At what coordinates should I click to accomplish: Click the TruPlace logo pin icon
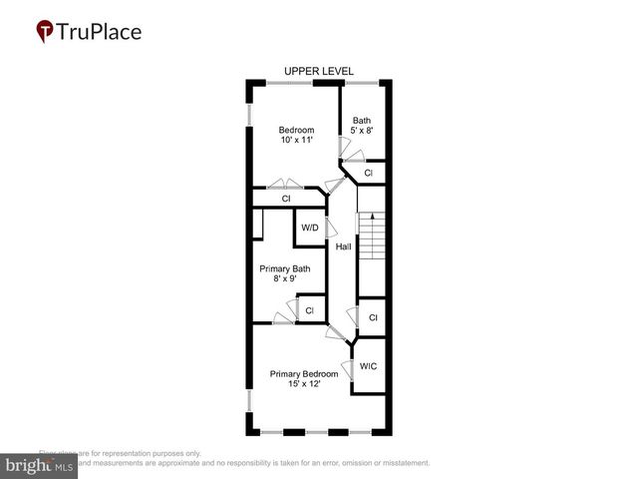[x=45, y=32]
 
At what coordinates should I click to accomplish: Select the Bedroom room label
[x=296, y=130]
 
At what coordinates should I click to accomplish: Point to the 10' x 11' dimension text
[x=296, y=141]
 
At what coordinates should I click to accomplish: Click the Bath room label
[x=361, y=120]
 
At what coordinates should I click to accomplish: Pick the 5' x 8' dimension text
[x=361, y=131]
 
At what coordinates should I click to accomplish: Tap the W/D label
[x=310, y=229]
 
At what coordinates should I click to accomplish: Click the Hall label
[x=343, y=246]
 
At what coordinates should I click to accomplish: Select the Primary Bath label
[x=285, y=268]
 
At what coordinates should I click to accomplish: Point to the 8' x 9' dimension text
[x=285, y=279]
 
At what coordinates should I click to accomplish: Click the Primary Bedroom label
[x=304, y=374]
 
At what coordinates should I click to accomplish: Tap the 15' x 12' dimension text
[x=304, y=385]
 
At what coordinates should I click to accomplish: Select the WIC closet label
[x=368, y=366]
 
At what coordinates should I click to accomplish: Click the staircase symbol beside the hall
[x=371, y=238]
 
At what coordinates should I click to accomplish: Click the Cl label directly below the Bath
[x=368, y=174]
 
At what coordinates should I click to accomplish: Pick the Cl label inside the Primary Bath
[x=309, y=310]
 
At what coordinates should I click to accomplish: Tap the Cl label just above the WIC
[x=373, y=317]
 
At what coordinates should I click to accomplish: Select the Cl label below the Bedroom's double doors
[x=285, y=199]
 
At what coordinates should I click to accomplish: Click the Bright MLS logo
[x=39, y=466]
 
